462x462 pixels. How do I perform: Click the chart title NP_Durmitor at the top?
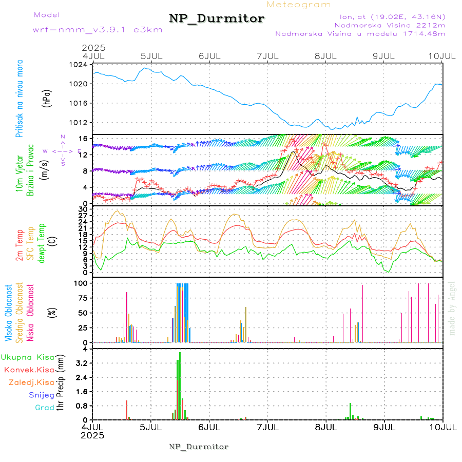217,19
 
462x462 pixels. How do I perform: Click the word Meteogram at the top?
299,5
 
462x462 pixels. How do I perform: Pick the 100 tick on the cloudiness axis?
81,283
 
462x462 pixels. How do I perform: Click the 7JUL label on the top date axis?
267,55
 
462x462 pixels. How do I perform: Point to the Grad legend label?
44,408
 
